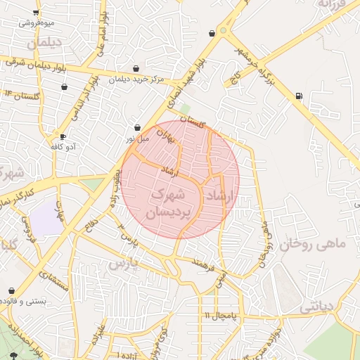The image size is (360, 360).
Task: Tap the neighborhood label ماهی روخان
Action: coord(313,244)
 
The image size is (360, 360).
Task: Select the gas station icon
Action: coord(300,96)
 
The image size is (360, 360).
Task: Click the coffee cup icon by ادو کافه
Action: coord(63,136)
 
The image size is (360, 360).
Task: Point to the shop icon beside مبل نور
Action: coord(137,128)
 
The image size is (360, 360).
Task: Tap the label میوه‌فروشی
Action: coord(36,22)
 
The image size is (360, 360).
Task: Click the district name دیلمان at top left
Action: coord(45,44)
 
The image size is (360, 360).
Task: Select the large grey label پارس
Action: coord(124,264)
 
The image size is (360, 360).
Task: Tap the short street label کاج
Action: coord(238,75)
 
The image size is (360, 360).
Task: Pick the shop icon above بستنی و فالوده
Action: coord(12,290)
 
